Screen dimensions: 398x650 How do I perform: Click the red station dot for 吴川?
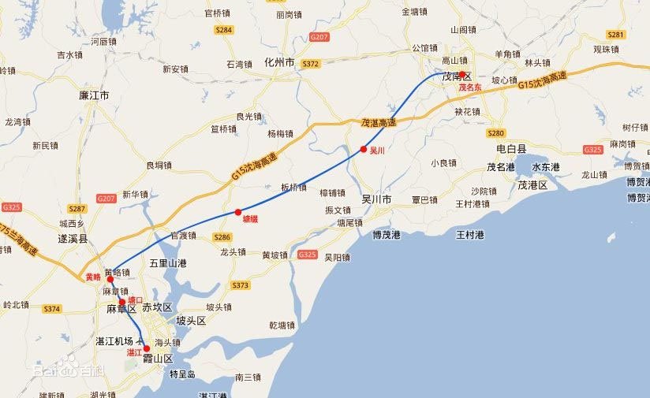pos(364,149)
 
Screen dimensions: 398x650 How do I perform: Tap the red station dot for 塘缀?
pos(237,212)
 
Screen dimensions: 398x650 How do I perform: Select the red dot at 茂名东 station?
pos(462,76)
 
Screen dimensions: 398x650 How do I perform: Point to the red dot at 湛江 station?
pos(146,348)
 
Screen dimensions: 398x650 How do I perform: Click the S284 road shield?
pos(224,30)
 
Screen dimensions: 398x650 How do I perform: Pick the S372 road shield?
pos(311,64)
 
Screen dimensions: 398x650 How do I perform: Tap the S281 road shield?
pos(616,35)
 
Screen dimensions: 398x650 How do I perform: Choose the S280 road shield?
pos(495,133)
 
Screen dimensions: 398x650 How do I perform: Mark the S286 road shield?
pos(222,237)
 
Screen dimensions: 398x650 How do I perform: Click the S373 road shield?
pos(240,285)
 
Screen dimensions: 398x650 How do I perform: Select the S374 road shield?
pos(52,309)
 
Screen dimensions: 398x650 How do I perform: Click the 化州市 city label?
pos(279,62)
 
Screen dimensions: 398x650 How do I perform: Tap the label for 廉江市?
pos(94,95)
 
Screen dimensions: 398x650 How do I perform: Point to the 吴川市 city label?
pos(376,199)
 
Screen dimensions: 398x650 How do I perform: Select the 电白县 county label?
pos(511,148)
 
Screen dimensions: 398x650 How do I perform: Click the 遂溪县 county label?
pos(72,237)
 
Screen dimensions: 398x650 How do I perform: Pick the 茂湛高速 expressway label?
pos(379,123)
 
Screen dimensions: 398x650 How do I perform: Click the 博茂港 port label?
pos(387,235)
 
